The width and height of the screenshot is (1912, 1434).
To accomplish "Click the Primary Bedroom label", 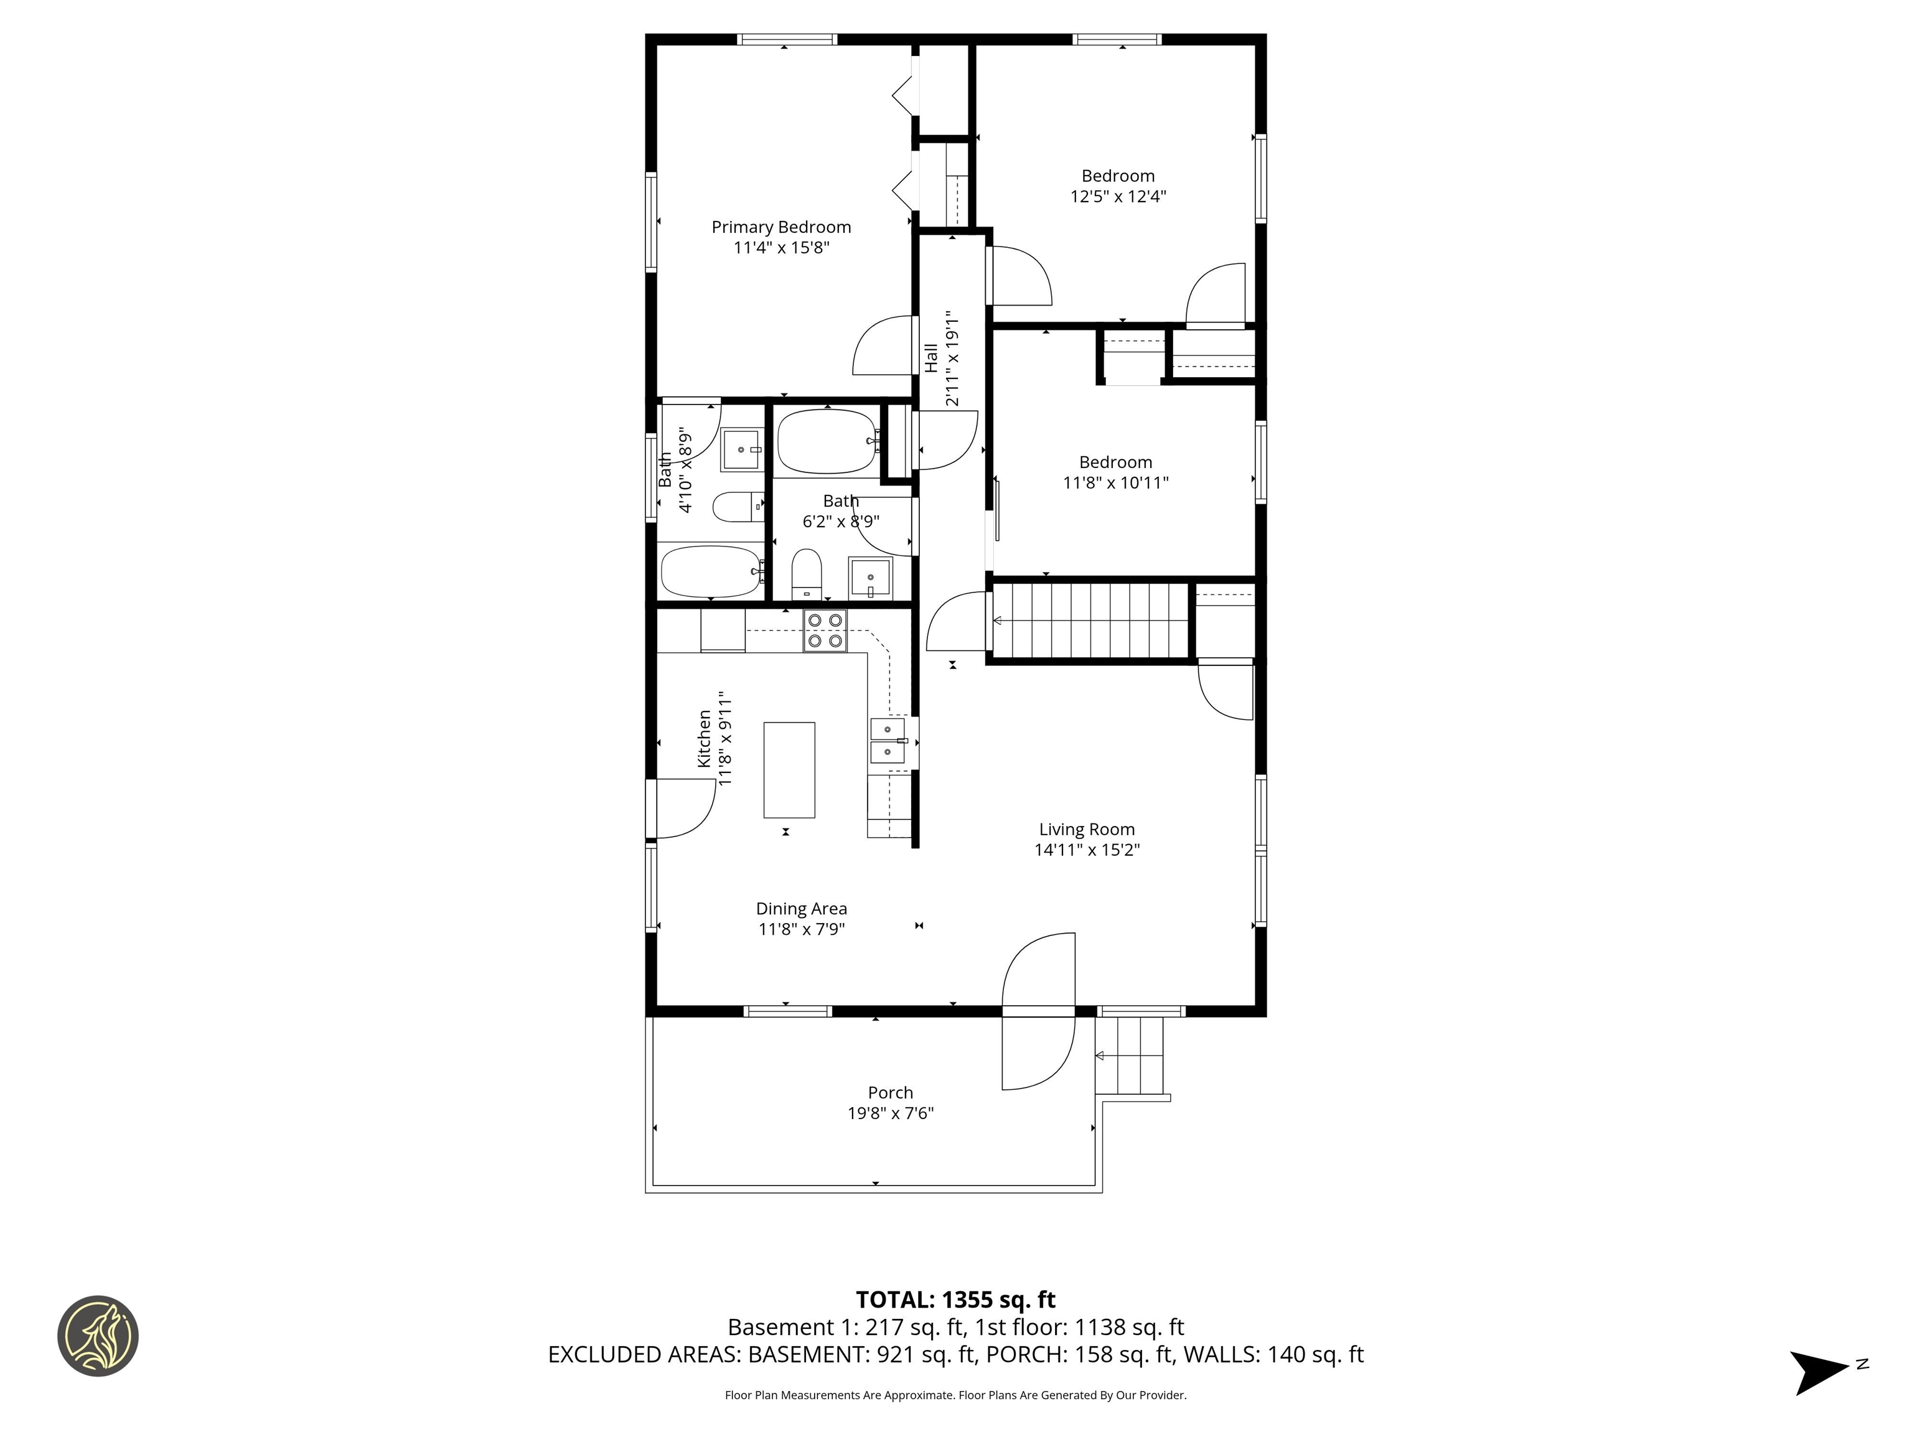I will click(780, 227).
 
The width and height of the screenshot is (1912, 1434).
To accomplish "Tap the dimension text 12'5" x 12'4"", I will click(1118, 196).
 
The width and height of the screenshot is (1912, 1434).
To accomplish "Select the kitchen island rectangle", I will click(789, 769).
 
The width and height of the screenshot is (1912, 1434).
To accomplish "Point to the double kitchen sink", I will click(888, 741).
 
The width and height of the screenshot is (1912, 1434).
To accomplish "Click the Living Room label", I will click(1087, 829).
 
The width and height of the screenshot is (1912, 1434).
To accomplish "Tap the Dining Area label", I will click(801, 909).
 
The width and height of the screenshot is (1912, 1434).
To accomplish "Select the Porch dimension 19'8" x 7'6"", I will click(890, 1113).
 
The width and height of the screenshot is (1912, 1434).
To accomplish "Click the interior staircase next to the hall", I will click(1091, 621).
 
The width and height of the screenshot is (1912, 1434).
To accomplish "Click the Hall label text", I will click(931, 358).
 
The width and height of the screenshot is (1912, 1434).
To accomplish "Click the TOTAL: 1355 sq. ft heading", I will click(955, 1300).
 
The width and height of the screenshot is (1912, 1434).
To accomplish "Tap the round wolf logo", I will click(98, 1336).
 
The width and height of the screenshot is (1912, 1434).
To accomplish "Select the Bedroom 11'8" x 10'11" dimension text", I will click(1115, 482).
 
